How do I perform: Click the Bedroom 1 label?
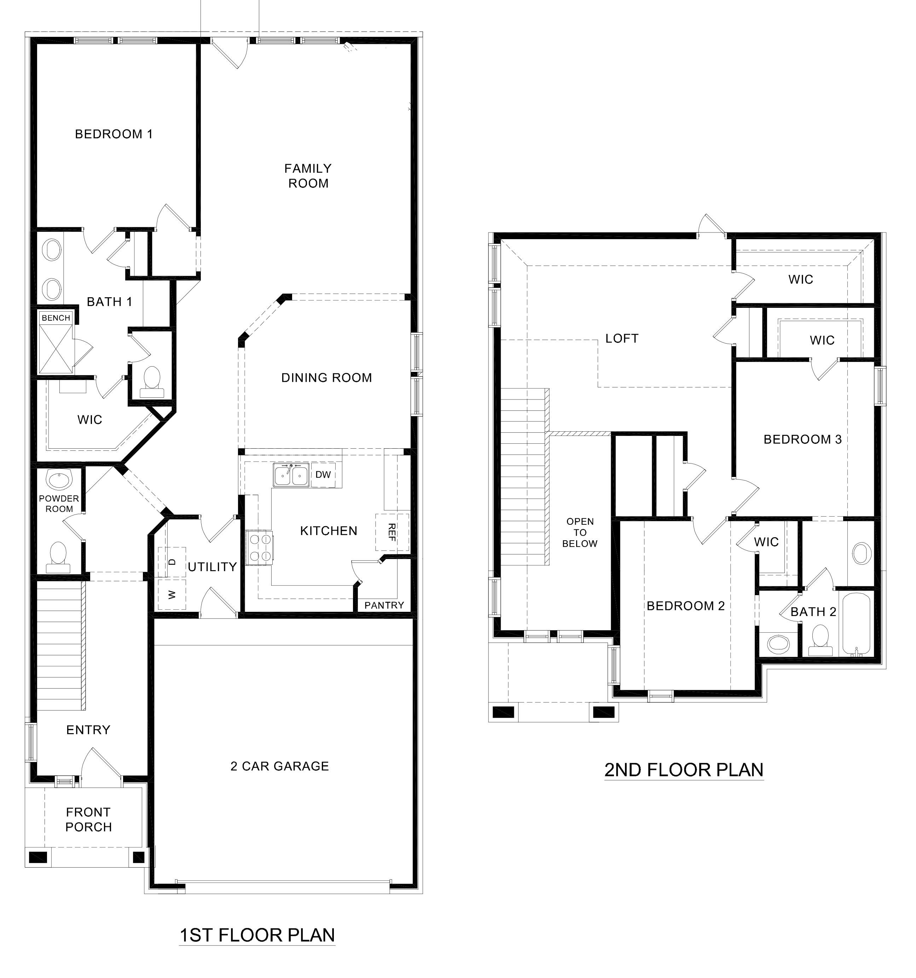click(x=114, y=134)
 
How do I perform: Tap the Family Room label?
click(x=308, y=176)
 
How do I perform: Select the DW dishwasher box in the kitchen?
click(x=323, y=475)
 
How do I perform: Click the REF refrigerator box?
click(x=392, y=532)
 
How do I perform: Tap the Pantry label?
click(x=384, y=605)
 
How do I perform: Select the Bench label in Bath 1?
click(x=56, y=318)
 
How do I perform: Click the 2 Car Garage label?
click(x=279, y=766)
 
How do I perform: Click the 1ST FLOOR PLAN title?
click(x=257, y=935)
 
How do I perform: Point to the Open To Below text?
click(x=580, y=532)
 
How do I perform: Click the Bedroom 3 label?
click(x=802, y=439)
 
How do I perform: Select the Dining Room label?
click(x=326, y=378)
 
